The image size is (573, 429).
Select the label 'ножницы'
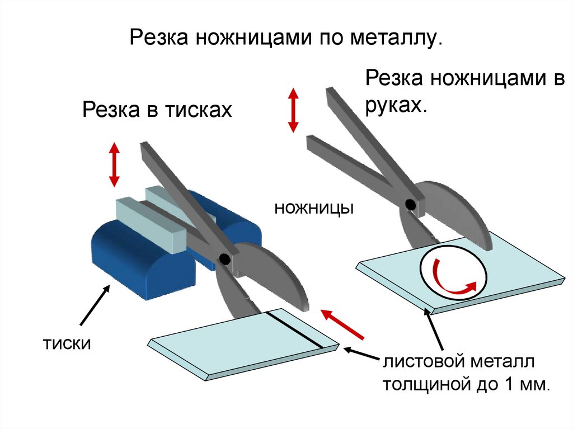[x=313, y=209]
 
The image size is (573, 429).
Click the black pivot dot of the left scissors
[x=224, y=259]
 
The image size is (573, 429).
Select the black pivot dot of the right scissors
[x=410, y=205]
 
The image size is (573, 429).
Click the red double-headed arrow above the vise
[x=114, y=164]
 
